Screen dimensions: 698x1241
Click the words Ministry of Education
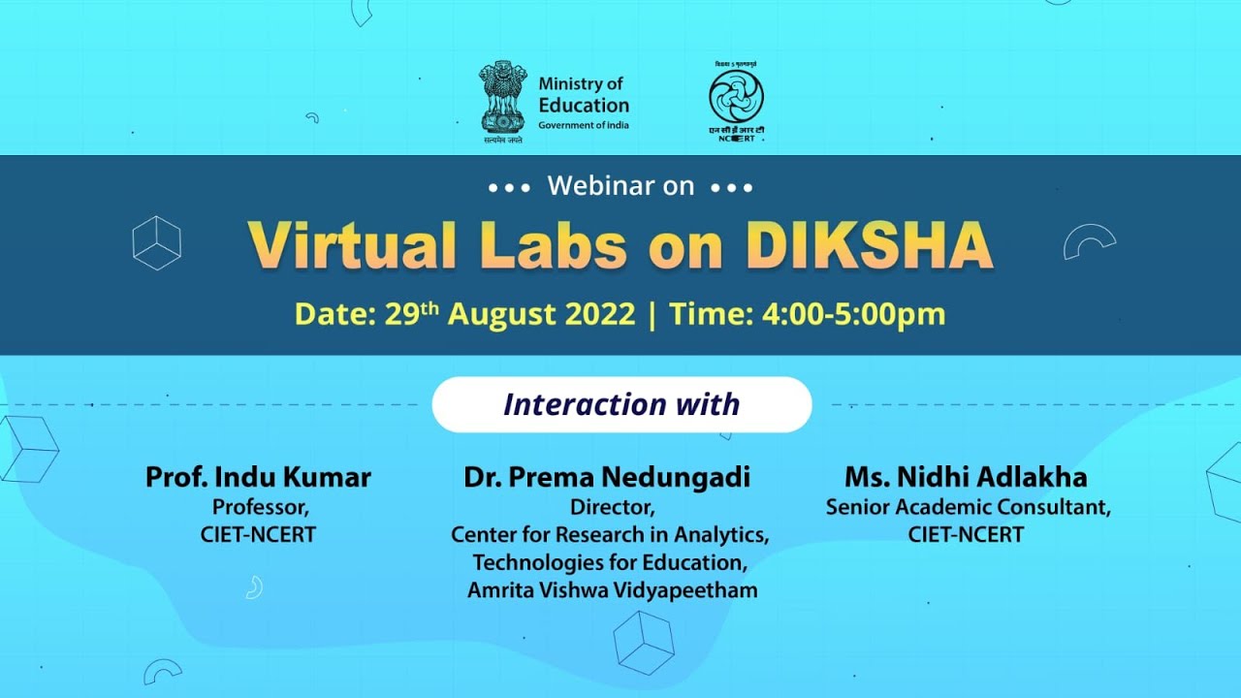[584, 95]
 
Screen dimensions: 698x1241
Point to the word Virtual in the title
[351, 246]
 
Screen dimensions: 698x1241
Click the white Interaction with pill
[621, 404]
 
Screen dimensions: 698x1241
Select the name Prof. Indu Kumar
[258, 477]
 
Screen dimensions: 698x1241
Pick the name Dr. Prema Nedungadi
[607, 477]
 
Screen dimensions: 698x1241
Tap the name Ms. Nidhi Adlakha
[966, 477]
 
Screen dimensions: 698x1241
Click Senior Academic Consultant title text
[968, 507]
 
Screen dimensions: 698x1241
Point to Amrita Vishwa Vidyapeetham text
[612, 590]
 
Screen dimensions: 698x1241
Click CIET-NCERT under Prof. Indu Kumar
[258, 534]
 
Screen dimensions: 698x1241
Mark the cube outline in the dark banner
[157, 242]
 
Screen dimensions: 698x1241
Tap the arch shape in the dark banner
[1089, 241]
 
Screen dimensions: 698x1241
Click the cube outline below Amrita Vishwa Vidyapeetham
[644, 643]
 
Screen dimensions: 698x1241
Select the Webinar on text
[620, 186]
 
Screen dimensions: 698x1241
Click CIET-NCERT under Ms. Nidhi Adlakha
[966, 534]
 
